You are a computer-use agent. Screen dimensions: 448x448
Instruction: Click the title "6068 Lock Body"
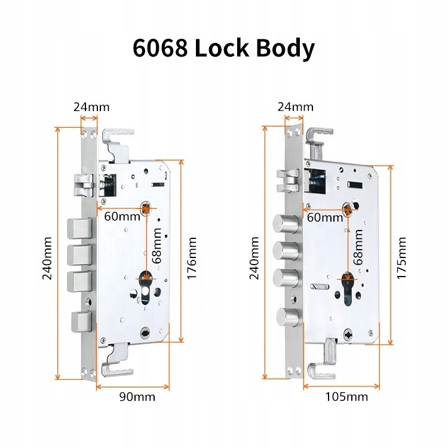pyautogui.click(x=223, y=50)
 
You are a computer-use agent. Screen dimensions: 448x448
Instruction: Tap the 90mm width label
pyautogui.click(x=137, y=397)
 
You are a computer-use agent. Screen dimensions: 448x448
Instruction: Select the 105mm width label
pyautogui.click(x=346, y=397)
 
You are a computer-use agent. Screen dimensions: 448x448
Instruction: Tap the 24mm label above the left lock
pyautogui.click(x=91, y=108)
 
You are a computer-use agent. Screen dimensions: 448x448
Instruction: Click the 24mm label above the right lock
pyautogui.click(x=295, y=108)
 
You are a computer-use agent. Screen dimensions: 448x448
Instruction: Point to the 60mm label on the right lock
pyautogui.click(x=325, y=217)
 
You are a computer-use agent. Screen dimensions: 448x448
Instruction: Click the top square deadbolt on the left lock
pyautogui.click(x=79, y=228)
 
